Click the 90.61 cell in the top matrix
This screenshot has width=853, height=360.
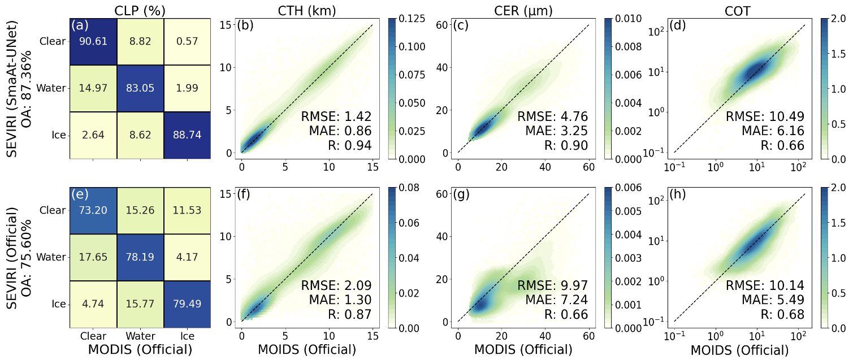[93, 41]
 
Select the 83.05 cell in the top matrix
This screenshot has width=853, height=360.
[140, 88]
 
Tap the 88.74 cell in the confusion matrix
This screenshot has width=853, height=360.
[187, 136]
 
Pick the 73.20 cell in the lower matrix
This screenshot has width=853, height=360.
[93, 210]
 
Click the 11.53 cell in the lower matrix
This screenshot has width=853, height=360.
[187, 210]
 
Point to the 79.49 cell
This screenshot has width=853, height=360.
[187, 303]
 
